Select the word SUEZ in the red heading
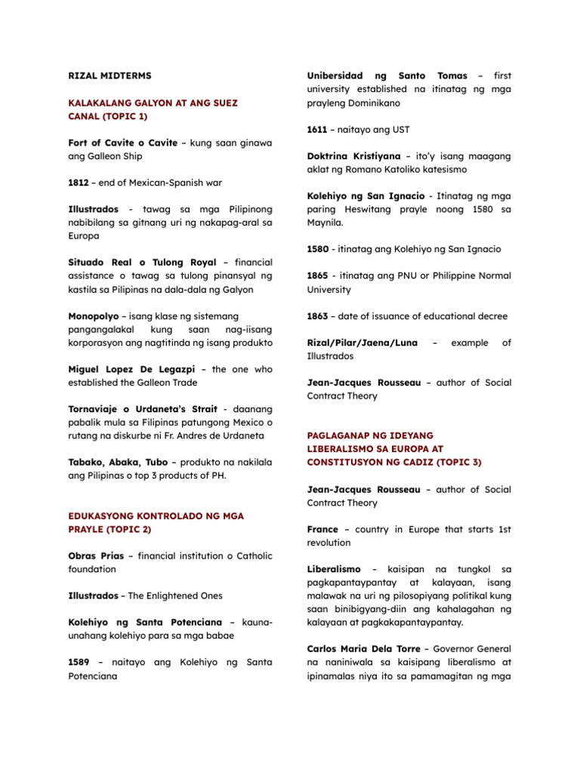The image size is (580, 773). [x=245, y=103]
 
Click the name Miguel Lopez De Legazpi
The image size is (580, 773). [x=133, y=369]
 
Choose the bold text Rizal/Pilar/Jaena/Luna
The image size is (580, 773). [x=362, y=343]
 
